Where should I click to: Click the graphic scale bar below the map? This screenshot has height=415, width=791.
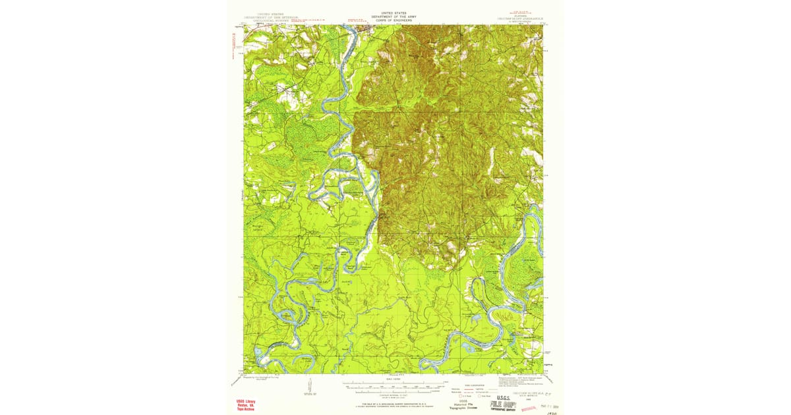[x=394, y=385]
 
